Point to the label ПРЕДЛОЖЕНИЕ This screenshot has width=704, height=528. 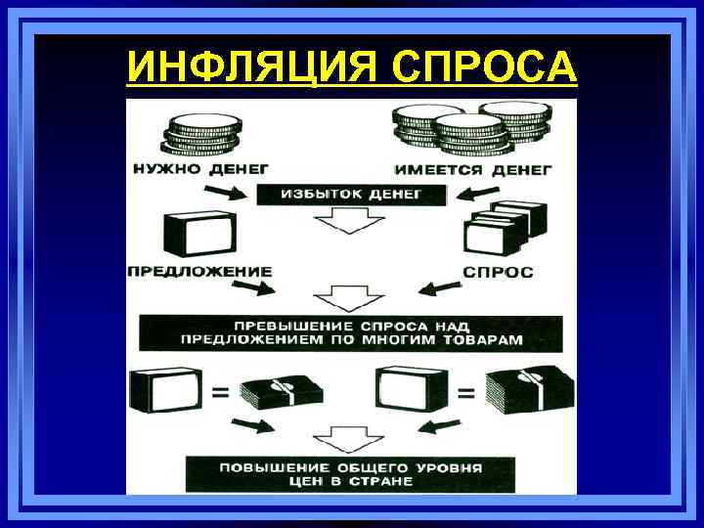[198, 270]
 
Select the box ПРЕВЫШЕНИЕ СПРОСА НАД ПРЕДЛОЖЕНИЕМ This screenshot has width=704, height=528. [350, 332]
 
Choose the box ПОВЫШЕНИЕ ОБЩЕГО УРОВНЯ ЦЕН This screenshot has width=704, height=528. [350, 474]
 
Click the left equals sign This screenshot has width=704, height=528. [220, 392]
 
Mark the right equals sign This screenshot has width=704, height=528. [467, 392]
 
